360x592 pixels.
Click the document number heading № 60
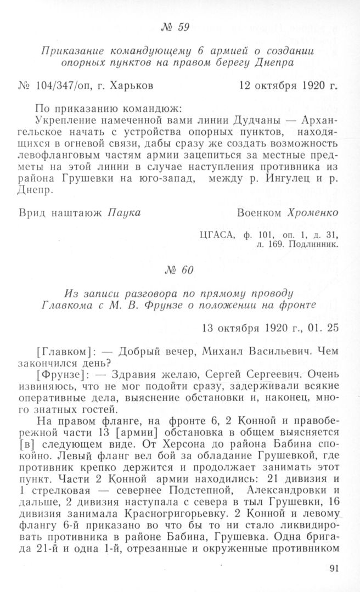point(179,270)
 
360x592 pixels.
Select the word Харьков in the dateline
point(131,86)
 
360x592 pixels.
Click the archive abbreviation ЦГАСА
point(218,235)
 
